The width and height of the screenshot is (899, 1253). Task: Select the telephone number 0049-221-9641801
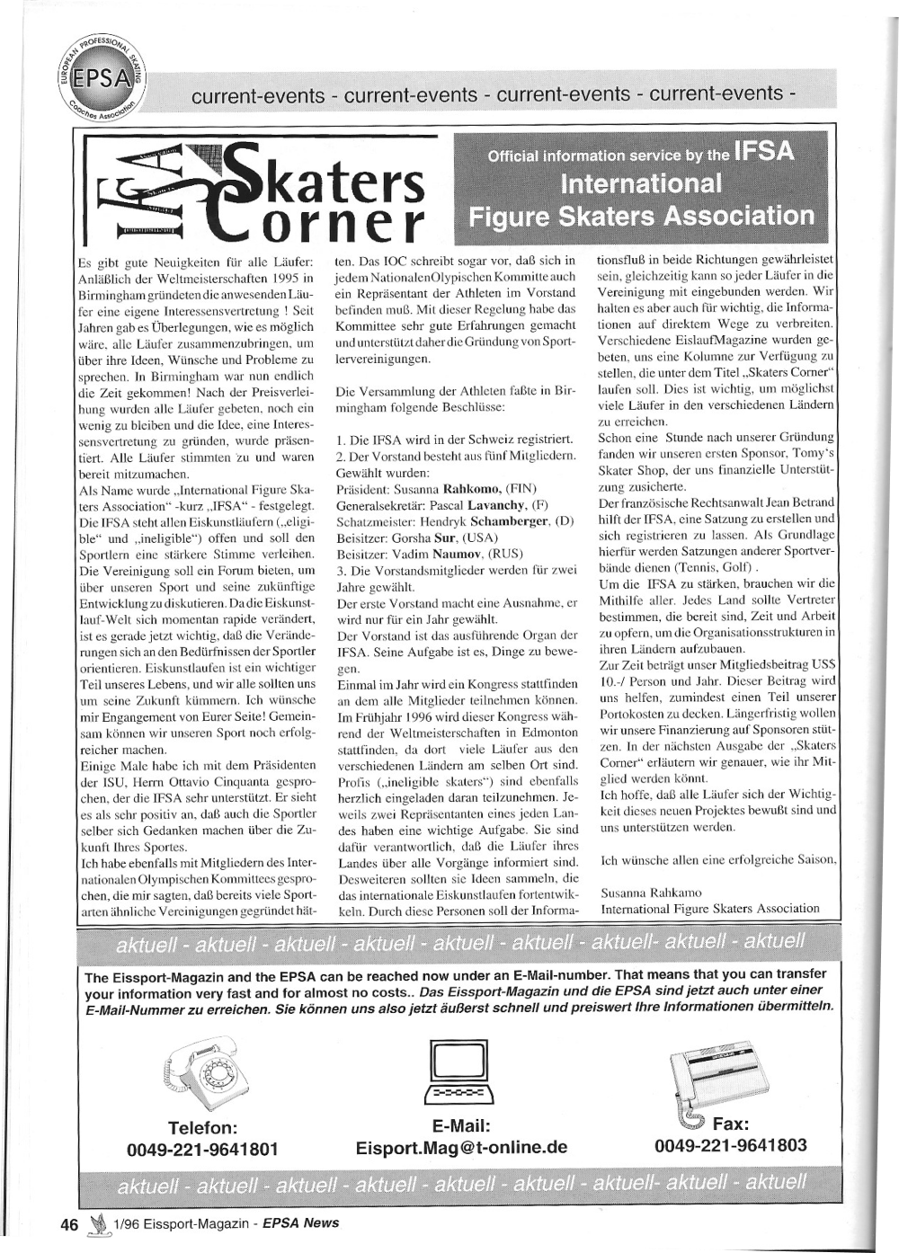[202, 1150]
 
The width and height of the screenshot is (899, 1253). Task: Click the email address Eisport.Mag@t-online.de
[461, 1148]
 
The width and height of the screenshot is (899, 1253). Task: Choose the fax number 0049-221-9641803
[731, 1145]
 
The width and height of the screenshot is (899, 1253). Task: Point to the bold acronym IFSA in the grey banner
[763, 152]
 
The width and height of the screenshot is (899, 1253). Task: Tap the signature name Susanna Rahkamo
[651, 892]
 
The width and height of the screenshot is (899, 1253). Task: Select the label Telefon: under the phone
[202, 1127]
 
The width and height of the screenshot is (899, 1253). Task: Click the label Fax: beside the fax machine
[731, 1124]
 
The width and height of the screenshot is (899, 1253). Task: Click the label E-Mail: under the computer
[460, 1125]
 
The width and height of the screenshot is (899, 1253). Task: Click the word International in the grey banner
[640, 184]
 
